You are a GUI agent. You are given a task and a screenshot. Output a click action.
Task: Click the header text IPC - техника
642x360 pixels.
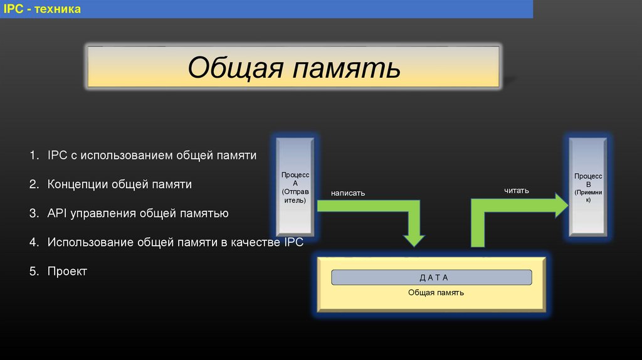point(43,9)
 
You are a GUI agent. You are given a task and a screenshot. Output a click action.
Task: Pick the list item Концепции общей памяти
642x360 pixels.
point(119,184)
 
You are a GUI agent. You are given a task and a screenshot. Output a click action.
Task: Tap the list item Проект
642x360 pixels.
point(66,272)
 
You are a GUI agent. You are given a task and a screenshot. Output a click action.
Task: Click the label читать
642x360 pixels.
point(517,190)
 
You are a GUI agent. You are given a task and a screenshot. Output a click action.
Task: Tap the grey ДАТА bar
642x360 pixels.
point(431,277)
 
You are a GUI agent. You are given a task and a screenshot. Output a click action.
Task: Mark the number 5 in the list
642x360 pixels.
point(33,272)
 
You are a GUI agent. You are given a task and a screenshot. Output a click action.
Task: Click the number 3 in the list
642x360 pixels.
point(33,213)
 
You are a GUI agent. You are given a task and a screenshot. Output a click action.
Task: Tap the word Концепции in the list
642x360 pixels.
point(77,184)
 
